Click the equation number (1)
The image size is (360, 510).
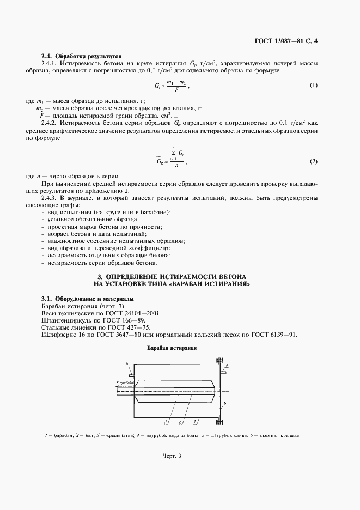(x=313, y=86)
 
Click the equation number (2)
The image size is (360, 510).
(x=313, y=162)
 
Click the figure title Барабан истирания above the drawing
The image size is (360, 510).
(x=172, y=348)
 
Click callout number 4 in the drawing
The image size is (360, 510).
(x=127, y=363)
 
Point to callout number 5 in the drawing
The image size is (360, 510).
(x=227, y=365)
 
